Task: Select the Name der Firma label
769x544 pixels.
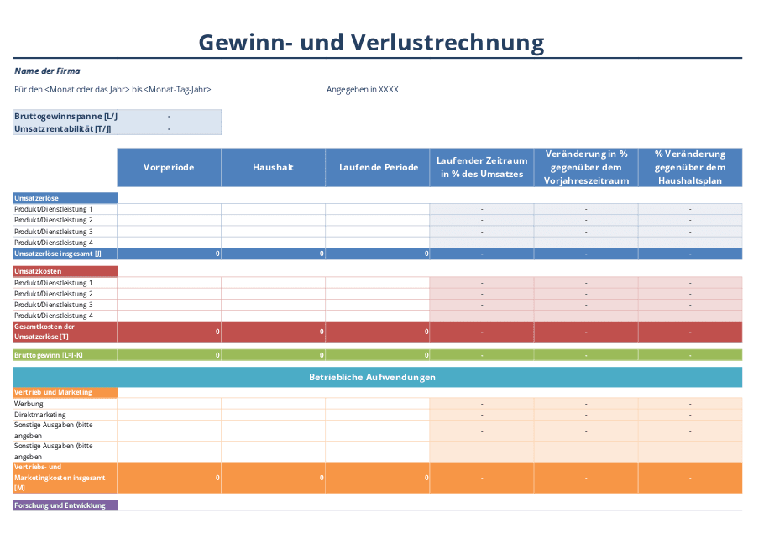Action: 47,71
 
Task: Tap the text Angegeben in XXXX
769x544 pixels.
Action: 363,89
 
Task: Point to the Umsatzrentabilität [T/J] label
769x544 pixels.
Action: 63,128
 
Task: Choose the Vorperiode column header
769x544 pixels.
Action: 169,167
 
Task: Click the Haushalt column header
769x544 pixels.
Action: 273,167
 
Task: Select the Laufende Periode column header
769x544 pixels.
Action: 379,167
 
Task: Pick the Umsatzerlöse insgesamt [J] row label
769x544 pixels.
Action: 58,253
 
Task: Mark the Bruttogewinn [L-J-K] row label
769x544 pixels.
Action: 49,355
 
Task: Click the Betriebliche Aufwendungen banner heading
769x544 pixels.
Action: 372,377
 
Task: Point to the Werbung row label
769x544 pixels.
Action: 29,404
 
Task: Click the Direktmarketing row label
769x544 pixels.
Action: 39,415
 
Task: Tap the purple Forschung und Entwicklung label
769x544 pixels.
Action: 60,505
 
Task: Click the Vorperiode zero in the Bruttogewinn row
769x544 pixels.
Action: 217,355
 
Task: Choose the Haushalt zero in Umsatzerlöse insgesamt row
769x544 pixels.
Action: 322,254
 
